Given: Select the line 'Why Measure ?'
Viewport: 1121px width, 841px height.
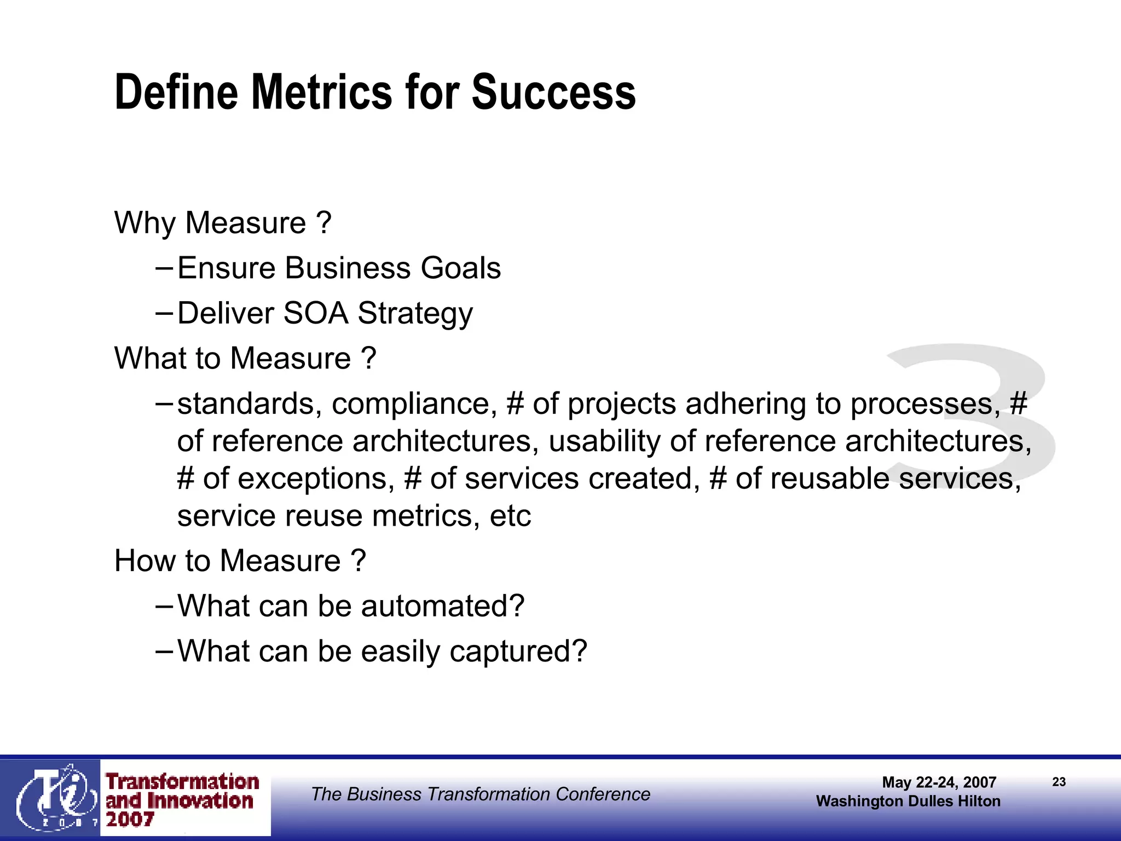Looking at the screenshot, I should point(223,223).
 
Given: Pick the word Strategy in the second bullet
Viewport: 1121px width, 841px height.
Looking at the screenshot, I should point(415,314).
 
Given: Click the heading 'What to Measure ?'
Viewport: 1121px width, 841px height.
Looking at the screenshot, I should point(245,359).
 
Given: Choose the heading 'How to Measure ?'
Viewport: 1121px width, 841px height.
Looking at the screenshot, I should point(240,561).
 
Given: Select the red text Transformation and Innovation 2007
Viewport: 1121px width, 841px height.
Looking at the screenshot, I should point(182,799).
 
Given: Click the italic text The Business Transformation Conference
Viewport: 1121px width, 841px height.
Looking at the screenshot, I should point(480,794).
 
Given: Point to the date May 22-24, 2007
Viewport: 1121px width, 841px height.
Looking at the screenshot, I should point(939,782).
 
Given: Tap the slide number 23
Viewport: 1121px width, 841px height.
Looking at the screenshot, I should point(1059,782).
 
